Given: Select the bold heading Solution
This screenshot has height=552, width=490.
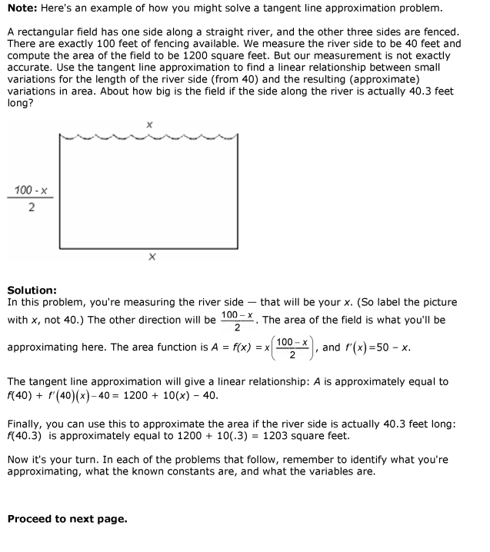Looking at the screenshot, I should tap(32, 290).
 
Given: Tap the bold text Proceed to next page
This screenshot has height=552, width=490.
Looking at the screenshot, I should tap(67, 519).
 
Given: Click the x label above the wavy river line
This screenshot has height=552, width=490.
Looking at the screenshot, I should tap(149, 124).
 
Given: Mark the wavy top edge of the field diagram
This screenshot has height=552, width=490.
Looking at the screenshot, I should tap(149, 138).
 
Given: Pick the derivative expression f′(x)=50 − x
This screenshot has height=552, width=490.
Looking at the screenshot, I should tap(377, 347).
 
